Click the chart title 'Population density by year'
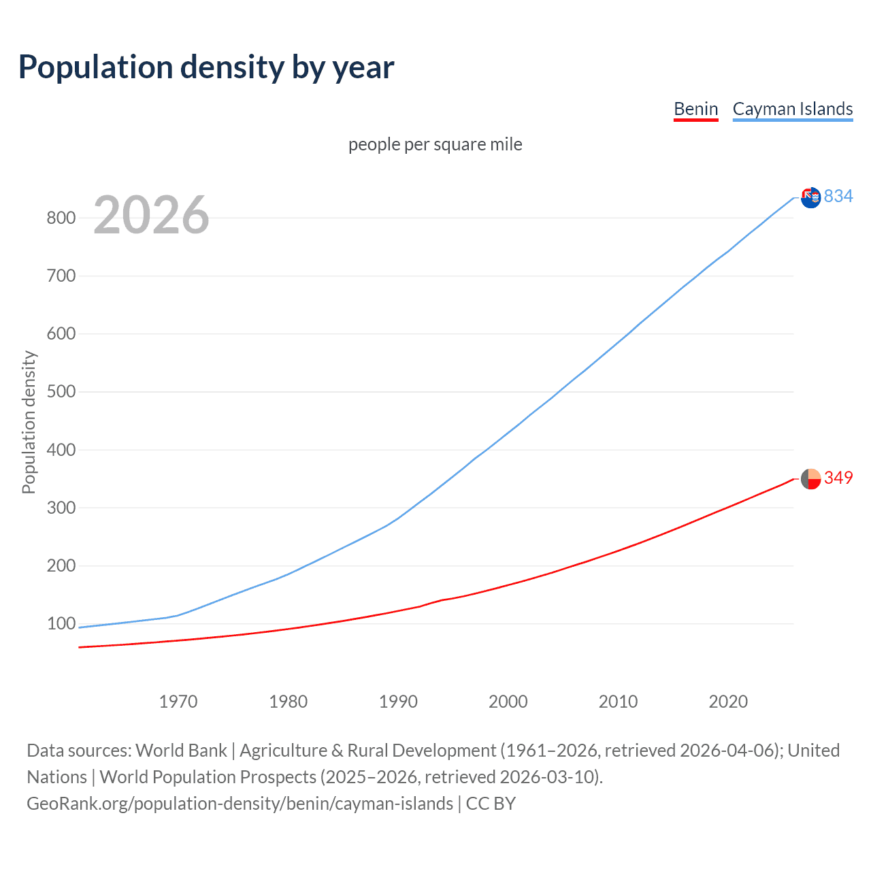(x=206, y=67)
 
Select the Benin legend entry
(x=695, y=109)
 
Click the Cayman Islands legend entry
(x=792, y=109)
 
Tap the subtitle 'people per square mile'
(x=435, y=145)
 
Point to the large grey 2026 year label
(x=151, y=215)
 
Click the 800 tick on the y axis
(x=61, y=218)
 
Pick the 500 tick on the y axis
(x=61, y=392)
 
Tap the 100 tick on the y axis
(x=61, y=624)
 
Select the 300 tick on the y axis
(x=61, y=508)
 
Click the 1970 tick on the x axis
(x=178, y=702)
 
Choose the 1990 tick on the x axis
(x=398, y=702)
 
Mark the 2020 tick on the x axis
(x=728, y=702)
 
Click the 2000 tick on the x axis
(x=508, y=702)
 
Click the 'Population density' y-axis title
(x=29, y=422)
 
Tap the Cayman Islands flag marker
(x=810, y=198)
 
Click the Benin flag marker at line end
(x=810, y=479)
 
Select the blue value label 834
(x=838, y=197)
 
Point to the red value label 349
(x=838, y=478)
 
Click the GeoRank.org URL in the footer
(x=240, y=804)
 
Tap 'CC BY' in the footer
(x=491, y=804)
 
